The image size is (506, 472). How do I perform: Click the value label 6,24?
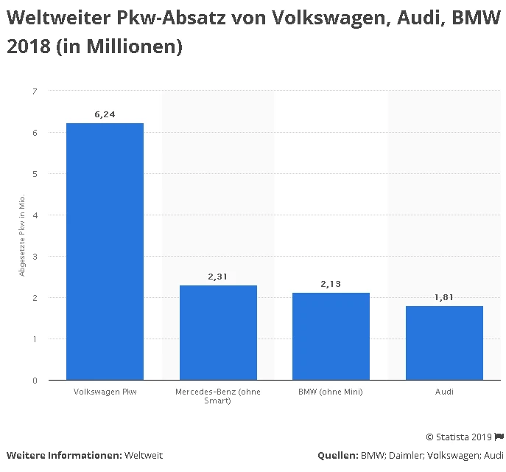(x=105, y=114)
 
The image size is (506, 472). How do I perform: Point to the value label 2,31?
(x=218, y=277)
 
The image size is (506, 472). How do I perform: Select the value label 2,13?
(x=331, y=284)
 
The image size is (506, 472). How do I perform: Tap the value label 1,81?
(x=444, y=297)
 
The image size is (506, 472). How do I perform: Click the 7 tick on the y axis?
(x=34, y=91)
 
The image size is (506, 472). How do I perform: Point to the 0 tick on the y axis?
(x=34, y=381)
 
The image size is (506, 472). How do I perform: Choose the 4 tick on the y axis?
(x=34, y=215)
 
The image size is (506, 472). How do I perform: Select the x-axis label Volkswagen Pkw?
(x=105, y=392)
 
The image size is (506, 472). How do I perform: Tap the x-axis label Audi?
(x=444, y=392)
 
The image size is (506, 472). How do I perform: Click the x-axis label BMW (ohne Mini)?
(x=331, y=392)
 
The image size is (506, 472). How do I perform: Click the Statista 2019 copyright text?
(x=459, y=437)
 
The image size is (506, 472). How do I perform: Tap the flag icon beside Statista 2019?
(x=499, y=437)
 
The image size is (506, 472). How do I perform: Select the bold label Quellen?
(x=337, y=455)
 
